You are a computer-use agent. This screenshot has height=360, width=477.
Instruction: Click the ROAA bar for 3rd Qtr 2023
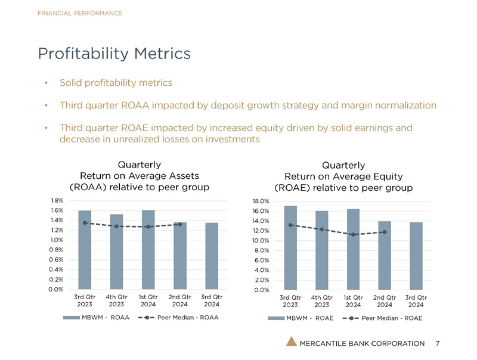85,250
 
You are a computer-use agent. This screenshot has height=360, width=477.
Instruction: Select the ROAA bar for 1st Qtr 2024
148,250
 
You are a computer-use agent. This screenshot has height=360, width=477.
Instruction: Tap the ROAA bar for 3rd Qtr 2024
212,256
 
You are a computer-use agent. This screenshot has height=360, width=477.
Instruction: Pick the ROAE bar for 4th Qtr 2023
322,251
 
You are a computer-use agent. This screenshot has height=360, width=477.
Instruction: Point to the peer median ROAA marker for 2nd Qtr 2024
180,224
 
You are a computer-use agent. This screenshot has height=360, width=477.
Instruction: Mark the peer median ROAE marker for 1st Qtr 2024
353,234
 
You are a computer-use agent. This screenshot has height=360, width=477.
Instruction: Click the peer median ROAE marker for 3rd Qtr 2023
290,225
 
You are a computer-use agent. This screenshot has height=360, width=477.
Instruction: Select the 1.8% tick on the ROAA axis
57,201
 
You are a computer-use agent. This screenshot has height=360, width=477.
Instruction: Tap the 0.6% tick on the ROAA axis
57,260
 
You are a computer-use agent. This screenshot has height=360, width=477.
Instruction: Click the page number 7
438,343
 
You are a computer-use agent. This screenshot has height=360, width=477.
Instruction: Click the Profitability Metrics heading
114,53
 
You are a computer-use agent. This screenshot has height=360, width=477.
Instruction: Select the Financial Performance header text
79,13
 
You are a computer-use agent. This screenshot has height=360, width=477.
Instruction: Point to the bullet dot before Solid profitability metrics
47,83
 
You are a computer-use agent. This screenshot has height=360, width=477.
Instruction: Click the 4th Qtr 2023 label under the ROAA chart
116,300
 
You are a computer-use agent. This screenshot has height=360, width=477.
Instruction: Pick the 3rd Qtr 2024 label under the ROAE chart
416,300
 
